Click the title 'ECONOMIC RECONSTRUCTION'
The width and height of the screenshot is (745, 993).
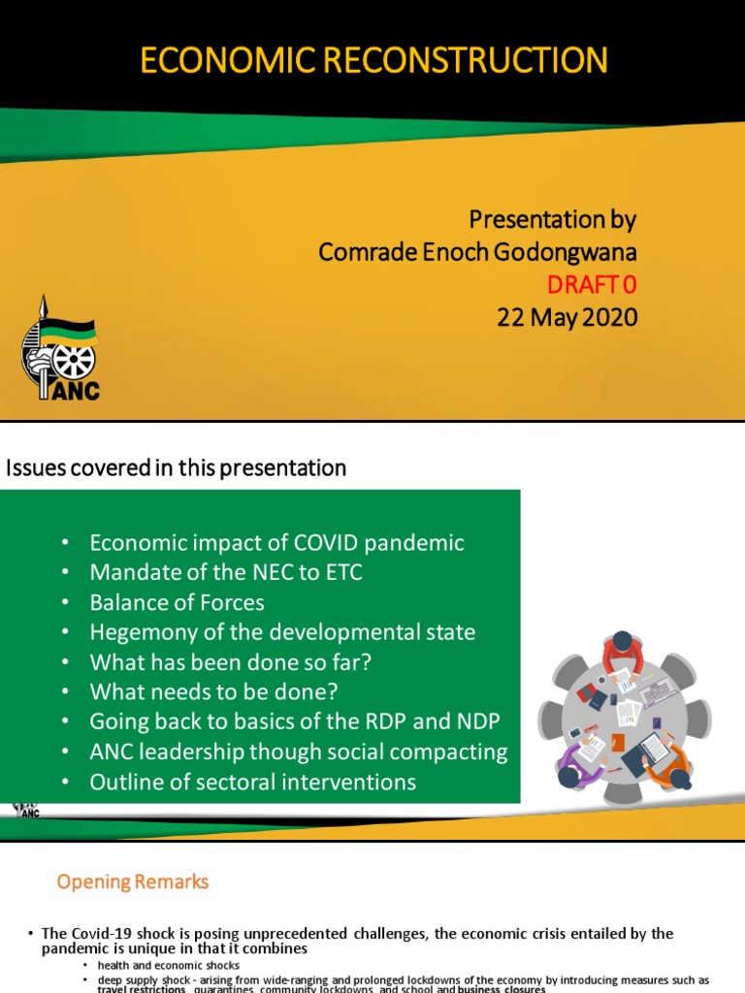[373, 60]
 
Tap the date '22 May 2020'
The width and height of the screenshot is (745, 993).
[567, 317]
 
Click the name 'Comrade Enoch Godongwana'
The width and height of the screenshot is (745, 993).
[477, 252]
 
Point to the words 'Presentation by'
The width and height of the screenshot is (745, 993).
[552, 219]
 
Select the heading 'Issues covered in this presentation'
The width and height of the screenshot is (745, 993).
[177, 468]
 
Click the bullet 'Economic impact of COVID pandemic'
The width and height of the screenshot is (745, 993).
[276, 543]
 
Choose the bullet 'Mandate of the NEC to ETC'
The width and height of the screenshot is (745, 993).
[225, 573]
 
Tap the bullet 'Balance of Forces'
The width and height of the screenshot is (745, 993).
[177, 603]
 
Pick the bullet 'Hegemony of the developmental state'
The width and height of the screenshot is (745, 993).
[282, 633]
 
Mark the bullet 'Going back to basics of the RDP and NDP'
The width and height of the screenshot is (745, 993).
[294, 722]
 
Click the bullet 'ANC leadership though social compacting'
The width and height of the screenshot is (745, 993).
[298, 753]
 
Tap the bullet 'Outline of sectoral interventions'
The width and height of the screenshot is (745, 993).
[252, 782]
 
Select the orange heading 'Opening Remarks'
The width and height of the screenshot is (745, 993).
[132, 881]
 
